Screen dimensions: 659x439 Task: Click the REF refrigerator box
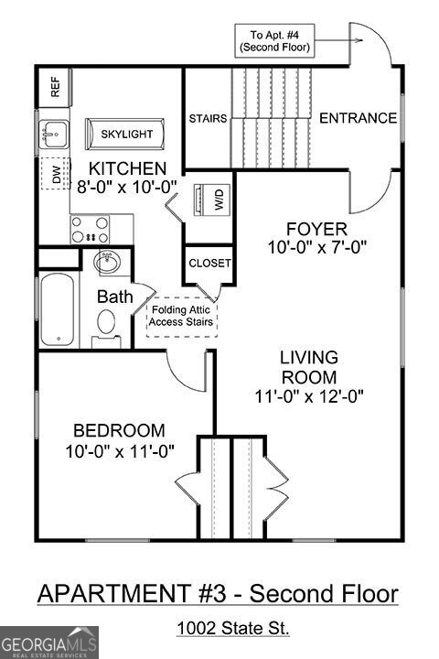click(54, 87)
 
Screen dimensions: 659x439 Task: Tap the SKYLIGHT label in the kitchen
click(126, 135)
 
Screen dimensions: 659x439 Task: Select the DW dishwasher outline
click(56, 175)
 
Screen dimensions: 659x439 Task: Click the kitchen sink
click(54, 136)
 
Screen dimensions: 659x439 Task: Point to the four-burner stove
click(90, 228)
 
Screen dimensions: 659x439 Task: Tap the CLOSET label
click(209, 263)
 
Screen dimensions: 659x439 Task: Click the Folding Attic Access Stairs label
click(182, 316)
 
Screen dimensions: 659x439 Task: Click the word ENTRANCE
click(358, 118)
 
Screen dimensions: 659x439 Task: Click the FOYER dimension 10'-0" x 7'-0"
click(303, 246)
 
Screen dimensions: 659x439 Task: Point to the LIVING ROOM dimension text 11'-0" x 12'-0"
click(309, 396)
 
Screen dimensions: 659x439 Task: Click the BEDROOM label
click(120, 430)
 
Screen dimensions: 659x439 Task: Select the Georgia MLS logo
click(49, 641)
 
